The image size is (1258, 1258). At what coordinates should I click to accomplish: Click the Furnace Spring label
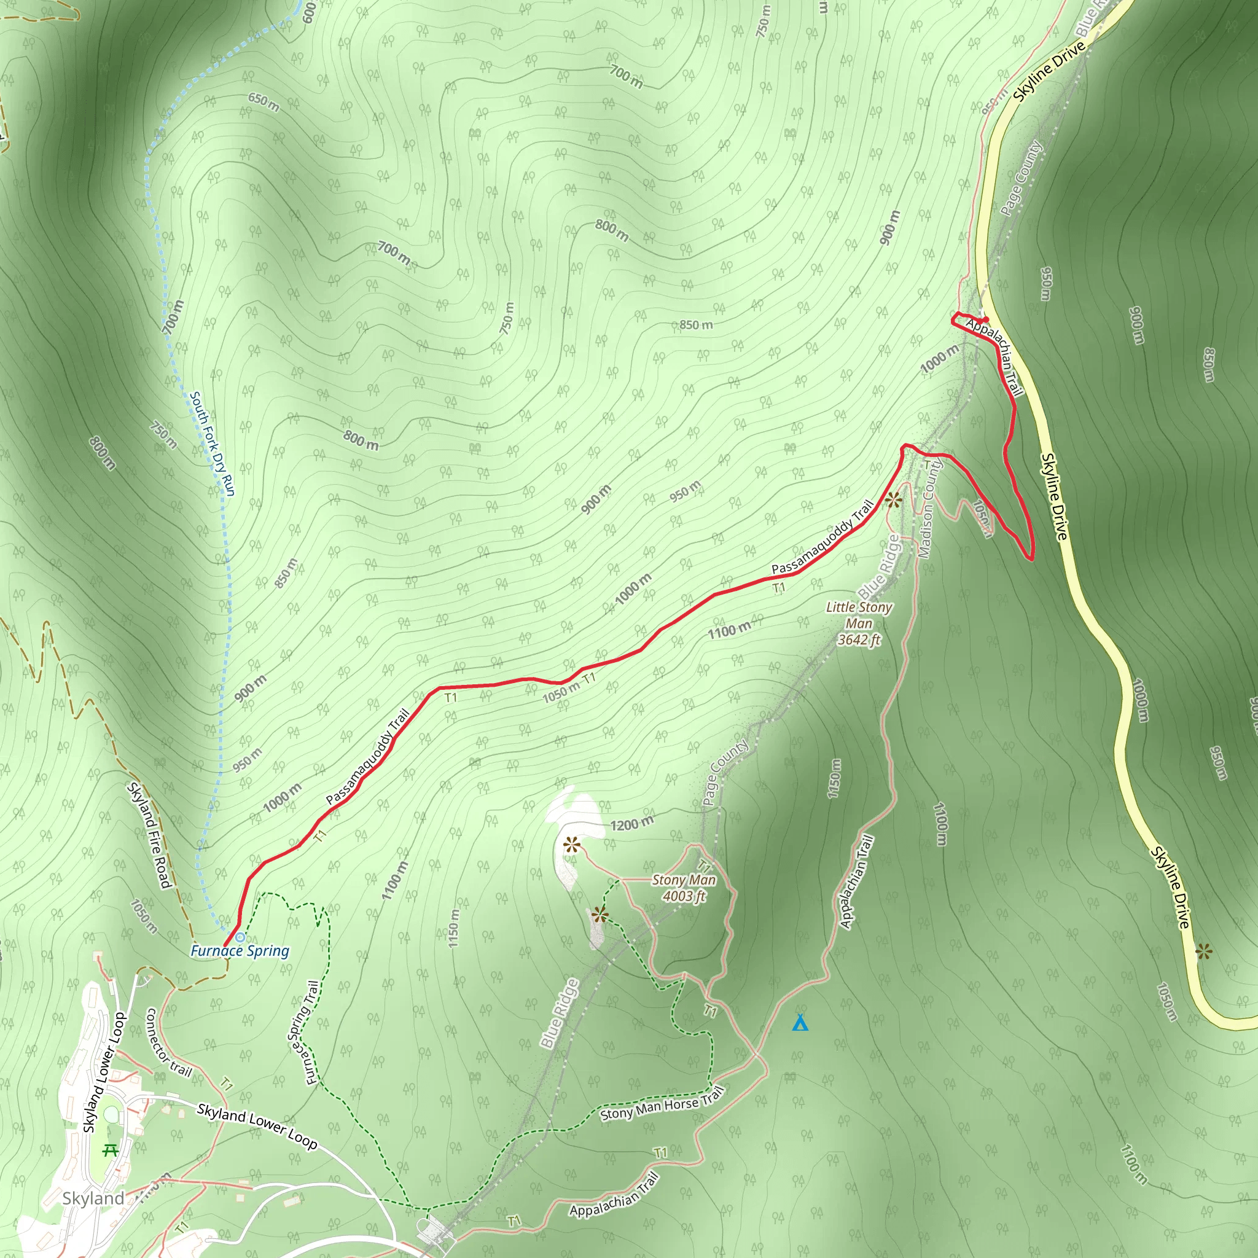pyautogui.click(x=240, y=951)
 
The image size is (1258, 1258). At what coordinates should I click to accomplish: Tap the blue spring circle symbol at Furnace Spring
pyautogui.click(x=240, y=937)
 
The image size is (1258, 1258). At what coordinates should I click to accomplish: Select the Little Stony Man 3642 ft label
pyautogui.click(x=859, y=623)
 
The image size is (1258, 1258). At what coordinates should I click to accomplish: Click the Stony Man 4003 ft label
pyautogui.click(x=684, y=888)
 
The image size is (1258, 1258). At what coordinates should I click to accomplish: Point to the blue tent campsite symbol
pyautogui.click(x=800, y=1023)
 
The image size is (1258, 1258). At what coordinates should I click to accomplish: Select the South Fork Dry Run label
pyautogui.click(x=213, y=443)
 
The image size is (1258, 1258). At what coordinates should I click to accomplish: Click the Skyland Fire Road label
pyautogui.click(x=150, y=835)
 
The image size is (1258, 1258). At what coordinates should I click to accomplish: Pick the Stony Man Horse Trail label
pyautogui.click(x=662, y=1104)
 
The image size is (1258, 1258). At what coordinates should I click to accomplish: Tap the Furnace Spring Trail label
pyautogui.click(x=304, y=1033)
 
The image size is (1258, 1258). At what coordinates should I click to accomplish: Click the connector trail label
pyautogui.click(x=168, y=1042)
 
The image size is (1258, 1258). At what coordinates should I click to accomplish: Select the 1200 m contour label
pyautogui.click(x=631, y=824)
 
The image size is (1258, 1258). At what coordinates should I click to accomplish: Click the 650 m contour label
pyautogui.click(x=264, y=102)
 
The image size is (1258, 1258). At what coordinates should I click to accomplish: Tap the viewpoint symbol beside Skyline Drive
pyautogui.click(x=1204, y=953)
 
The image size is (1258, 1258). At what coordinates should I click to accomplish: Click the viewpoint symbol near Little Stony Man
pyautogui.click(x=893, y=499)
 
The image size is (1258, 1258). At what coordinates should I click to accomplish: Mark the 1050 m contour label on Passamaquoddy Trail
pyautogui.click(x=561, y=692)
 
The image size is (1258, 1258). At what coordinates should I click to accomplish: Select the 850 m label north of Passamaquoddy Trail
pyautogui.click(x=696, y=324)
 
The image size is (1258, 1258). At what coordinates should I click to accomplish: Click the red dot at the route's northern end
pyautogui.click(x=987, y=319)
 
